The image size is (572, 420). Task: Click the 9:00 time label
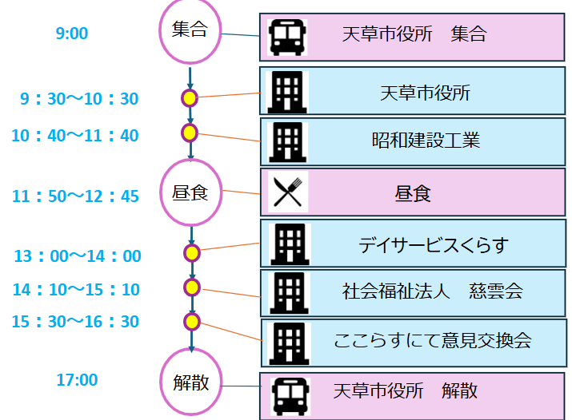72,34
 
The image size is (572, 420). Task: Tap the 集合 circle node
190,31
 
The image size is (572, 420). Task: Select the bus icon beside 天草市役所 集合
287,37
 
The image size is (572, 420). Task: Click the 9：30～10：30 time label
79,99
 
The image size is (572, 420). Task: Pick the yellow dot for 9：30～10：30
190,98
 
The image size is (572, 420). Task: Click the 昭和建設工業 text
426,141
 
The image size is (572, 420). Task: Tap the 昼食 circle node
190,192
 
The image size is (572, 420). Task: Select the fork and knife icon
287,192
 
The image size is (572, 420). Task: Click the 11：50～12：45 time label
76,196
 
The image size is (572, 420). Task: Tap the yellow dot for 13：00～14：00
191,253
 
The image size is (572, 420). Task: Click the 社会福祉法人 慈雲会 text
433,291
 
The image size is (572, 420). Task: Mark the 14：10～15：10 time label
76,289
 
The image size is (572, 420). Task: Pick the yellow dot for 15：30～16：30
191,321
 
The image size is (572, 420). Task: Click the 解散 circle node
191,382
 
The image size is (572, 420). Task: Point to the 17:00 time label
77,380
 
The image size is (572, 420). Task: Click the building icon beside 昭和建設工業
287,142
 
